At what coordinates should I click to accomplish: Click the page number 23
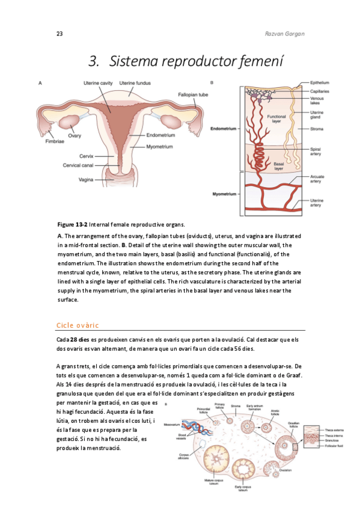coord(59,34)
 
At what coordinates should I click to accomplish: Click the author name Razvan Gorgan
coord(285,34)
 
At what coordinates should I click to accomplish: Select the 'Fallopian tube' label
coord(193,94)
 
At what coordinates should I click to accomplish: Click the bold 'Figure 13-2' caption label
coord(72,224)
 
